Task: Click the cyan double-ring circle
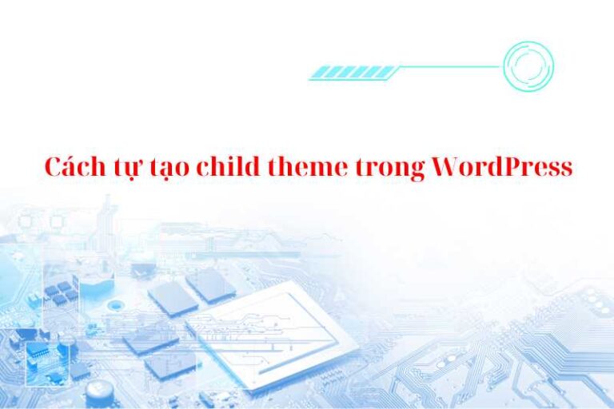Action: pos(528,66)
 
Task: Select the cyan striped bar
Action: pos(353,73)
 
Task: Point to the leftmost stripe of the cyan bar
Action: pos(318,73)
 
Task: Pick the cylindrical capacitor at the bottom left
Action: pos(99,392)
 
